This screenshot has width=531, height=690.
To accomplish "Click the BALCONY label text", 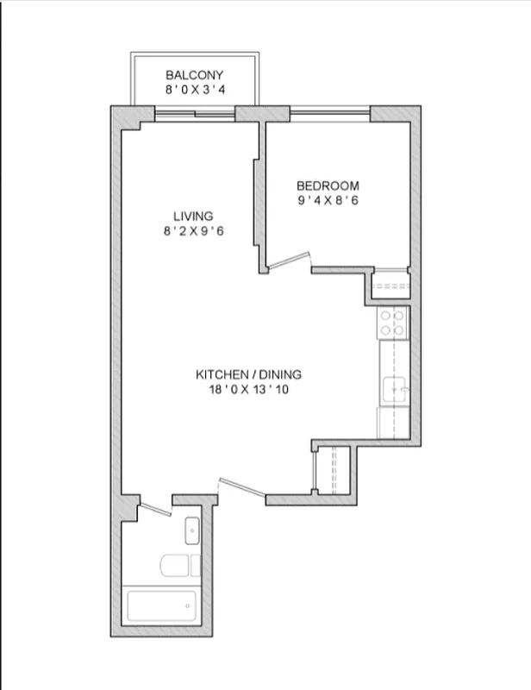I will click(195, 75).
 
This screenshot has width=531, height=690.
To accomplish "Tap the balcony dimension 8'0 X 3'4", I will click(195, 89).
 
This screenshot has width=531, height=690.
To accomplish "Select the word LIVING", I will click(192, 216).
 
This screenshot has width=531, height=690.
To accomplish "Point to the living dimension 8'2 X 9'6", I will click(192, 230).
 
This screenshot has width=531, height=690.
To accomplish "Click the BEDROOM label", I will click(328, 185).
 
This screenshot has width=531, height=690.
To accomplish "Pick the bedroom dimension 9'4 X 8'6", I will click(328, 200).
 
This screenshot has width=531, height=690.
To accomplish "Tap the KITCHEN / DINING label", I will click(249, 374).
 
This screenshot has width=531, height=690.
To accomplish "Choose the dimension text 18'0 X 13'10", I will click(249, 389).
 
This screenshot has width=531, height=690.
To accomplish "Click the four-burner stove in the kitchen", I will click(393, 322).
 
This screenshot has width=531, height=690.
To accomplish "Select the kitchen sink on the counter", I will click(396, 390).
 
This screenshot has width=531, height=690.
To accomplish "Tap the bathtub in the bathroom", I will click(162, 606).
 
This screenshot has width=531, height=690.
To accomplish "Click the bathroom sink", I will click(192, 530).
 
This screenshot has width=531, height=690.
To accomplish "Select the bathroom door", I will click(155, 509).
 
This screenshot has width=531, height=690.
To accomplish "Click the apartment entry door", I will click(241, 488).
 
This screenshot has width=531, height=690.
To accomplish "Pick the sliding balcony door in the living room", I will click(195, 113).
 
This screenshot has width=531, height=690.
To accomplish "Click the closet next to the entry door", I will click(332, 471).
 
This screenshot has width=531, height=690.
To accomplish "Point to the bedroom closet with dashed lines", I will click(390, 285).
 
